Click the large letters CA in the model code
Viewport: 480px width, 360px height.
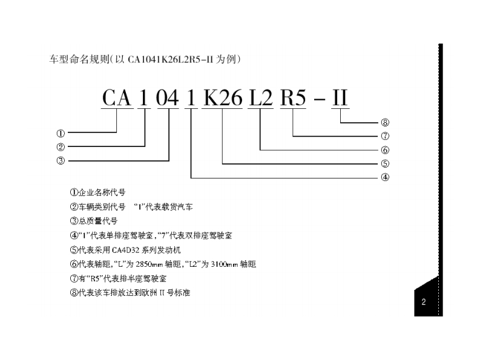click(117, 98)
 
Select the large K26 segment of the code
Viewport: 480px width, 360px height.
click(223, 98)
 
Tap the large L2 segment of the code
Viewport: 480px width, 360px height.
click(261, 98)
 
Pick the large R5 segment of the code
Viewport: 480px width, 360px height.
click(293, 98)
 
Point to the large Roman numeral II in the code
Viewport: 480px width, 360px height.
click(340, 98)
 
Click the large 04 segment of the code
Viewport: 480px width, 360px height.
click(168, 98)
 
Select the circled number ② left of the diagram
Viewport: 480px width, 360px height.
click(61, 147)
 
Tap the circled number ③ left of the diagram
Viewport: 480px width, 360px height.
click(61, 161)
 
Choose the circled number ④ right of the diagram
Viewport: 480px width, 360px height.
click(385, 178)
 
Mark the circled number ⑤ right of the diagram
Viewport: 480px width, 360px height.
click(385, 163)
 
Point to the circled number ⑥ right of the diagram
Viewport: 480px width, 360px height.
click(385, 150)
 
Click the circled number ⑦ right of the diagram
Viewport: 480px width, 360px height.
click(385, 136)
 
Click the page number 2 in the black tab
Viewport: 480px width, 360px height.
click(424, 302)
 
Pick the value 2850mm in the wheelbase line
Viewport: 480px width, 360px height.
click(149, 264)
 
